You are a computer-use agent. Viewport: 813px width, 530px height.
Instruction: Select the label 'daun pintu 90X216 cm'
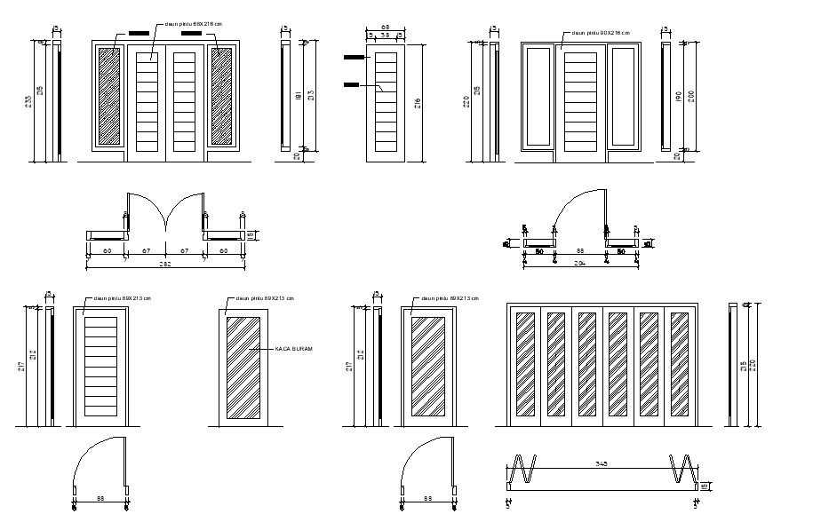(601, 33)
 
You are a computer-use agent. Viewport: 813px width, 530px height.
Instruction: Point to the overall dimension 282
(164, 264)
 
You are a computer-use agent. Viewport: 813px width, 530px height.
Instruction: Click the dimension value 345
(602, 463)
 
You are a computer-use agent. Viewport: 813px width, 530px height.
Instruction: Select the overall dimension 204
(580, 264)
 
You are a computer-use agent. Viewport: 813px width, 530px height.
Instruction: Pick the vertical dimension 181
(299, 95)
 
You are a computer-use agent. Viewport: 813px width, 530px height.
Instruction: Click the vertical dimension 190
(679, 96)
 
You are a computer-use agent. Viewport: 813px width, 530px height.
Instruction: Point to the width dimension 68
(386, 28)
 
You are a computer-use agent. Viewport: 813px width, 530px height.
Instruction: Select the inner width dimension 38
(386, 36)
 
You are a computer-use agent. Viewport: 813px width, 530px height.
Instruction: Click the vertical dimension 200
(689, 96)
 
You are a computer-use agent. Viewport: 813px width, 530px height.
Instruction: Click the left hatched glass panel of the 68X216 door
(108, 96)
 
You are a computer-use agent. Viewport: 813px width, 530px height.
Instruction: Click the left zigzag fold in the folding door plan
(524, 468)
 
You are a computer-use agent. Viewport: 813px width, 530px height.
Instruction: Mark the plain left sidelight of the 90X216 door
(538, 96)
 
